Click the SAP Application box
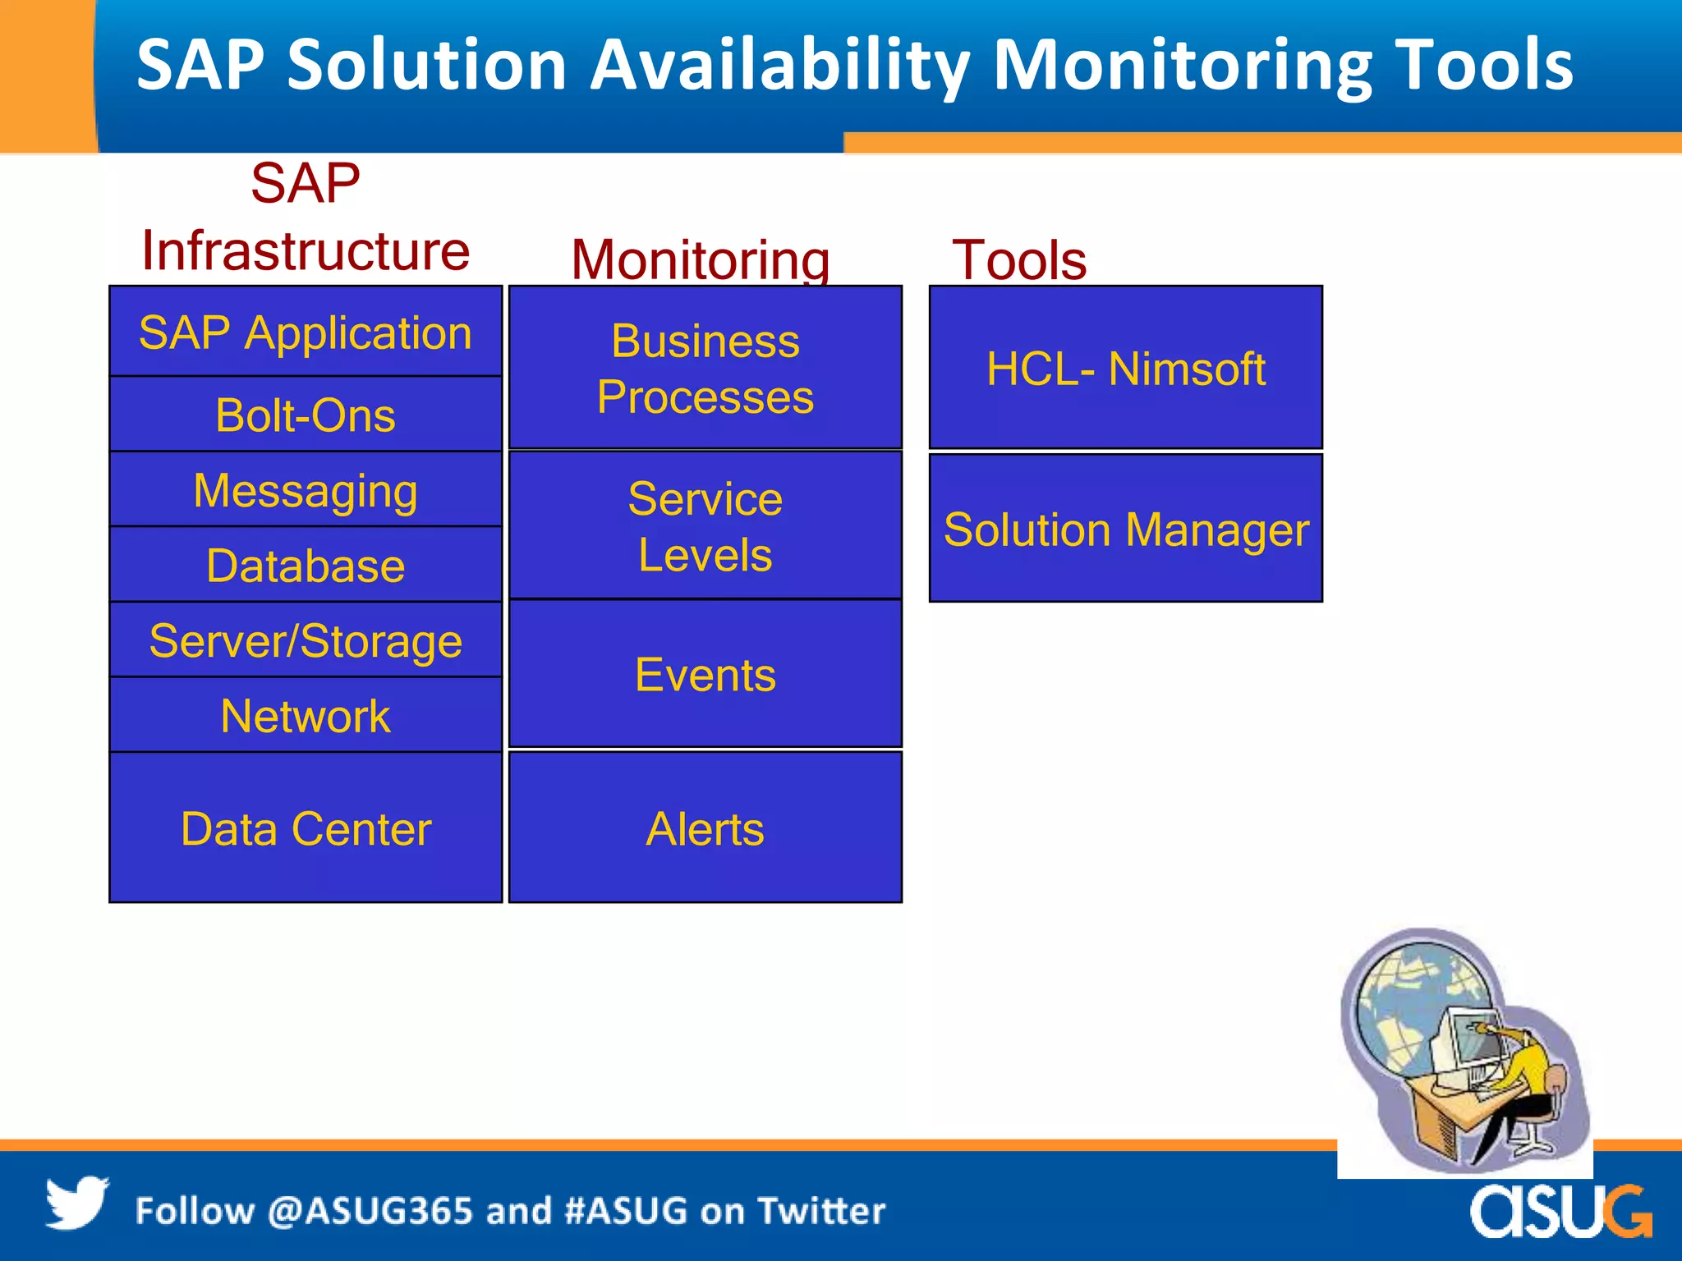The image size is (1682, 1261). point(306,332)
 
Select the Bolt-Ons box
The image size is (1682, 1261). point(306,415)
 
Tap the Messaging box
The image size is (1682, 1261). point(306,490)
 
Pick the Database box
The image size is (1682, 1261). point(306,566)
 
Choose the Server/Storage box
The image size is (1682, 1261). point(306,640)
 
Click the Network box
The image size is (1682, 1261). point(306,716)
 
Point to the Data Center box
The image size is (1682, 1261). point(306,828)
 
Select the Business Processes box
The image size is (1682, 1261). point(705,368)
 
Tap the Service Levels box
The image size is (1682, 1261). point(705,525)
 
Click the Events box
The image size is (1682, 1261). point(705,675)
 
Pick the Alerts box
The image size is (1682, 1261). point(705,828)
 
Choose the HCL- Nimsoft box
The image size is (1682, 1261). point(1125,368)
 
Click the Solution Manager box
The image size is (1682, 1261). point(1125,529)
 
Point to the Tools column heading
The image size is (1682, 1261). point(1018,259)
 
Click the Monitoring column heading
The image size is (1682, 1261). point(700,259)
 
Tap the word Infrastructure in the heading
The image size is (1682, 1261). point(306,250)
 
